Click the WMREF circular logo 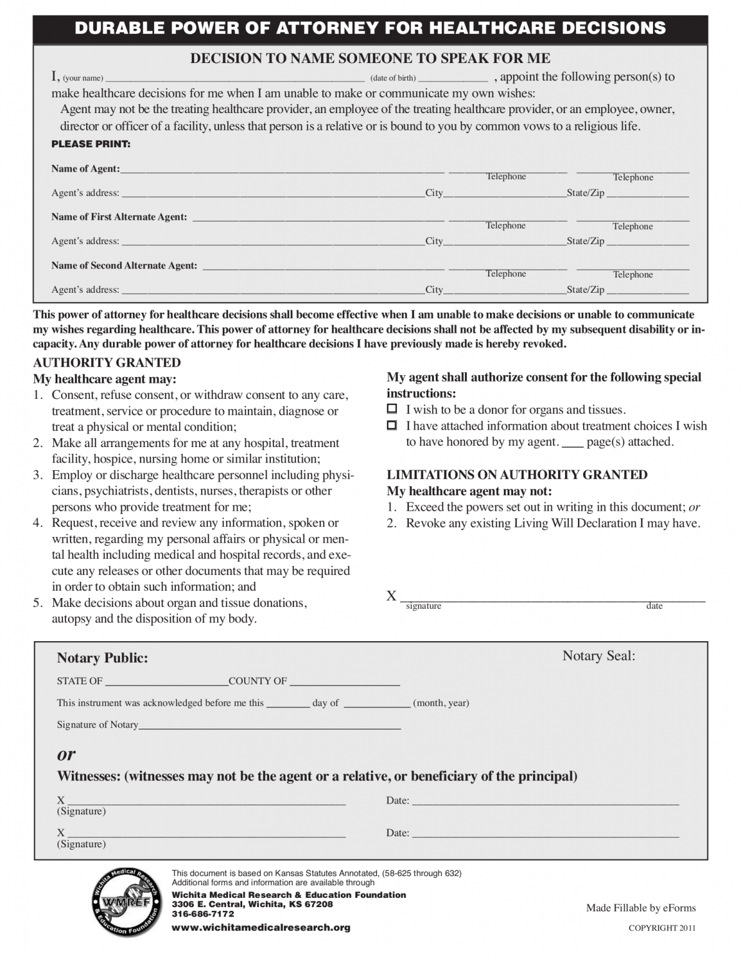(127, 902)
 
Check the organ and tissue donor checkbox (392, 410)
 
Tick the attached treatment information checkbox (392, 426)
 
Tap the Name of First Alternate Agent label (119, 217)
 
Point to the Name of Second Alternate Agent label (124, 265)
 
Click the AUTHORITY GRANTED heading (107, 363)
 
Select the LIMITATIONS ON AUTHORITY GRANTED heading (517, 475)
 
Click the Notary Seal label (599, 656)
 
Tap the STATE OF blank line (166, 681)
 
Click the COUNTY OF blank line (345, 681)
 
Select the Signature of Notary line (270, 725)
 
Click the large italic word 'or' (66, 754)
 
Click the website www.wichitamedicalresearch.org (261, 928)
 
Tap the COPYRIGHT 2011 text (662, 928)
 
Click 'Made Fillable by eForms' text (640, 908)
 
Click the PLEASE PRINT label (91, 144)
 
